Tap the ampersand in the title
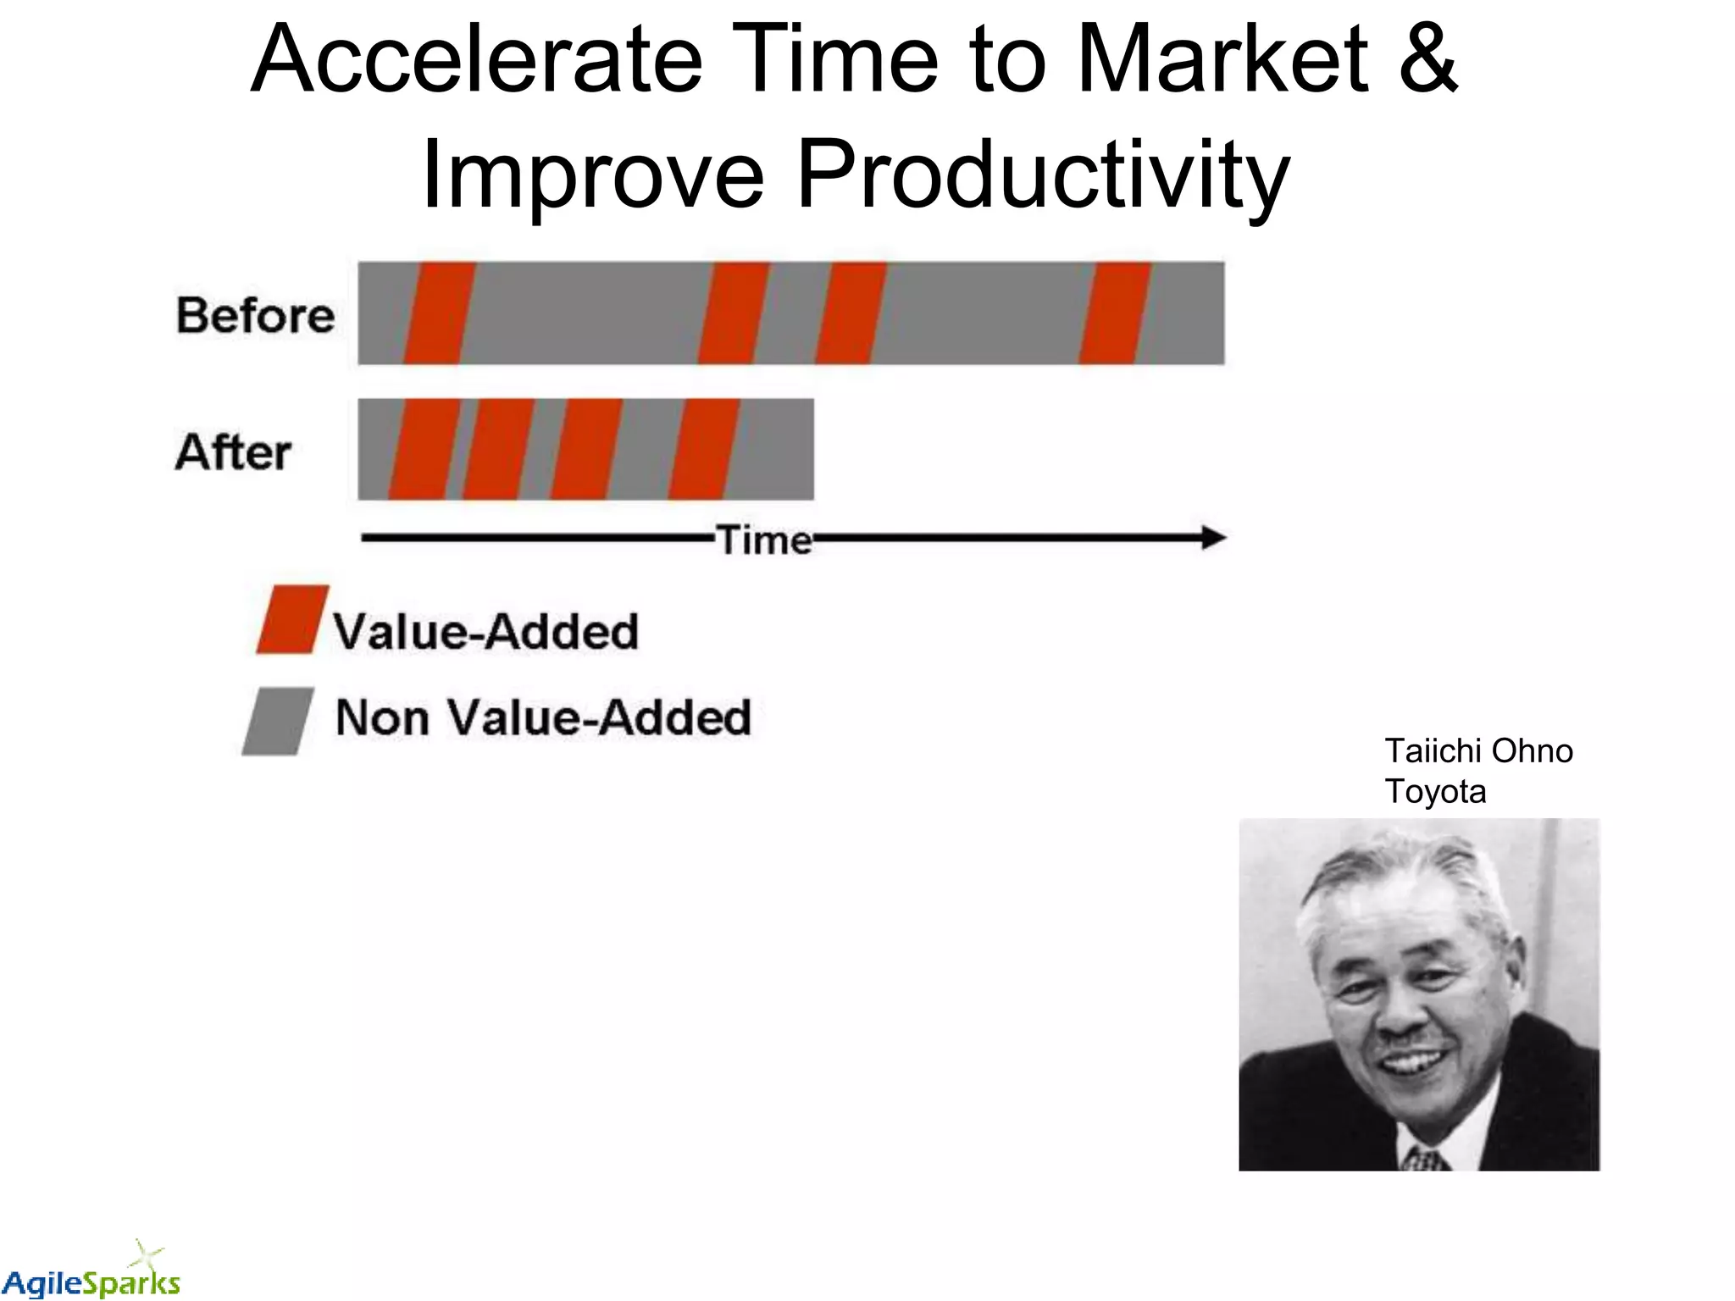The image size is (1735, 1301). tap(1427, 59)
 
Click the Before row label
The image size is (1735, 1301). tap(255, 315)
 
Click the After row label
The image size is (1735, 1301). tap(234, 451)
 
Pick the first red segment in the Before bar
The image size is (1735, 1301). tap(439, 313)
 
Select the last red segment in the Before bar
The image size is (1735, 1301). tap(1114, 313)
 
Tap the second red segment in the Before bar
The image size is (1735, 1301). tap(733, 313)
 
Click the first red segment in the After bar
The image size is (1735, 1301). tap(424, 449)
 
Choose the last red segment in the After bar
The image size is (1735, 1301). tap(703, 449)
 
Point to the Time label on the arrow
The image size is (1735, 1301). tap(764, 540)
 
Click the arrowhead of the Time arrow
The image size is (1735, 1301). tap(1213, 537)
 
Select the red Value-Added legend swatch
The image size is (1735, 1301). tap(292, 619)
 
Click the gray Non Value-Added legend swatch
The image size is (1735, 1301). tap(278, 721)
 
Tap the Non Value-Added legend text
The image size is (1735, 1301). tap(543, 717)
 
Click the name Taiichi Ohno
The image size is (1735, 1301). tap(1478, 750)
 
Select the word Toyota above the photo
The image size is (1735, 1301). tap(1435, 791)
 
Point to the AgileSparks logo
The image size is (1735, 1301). tap(91, 1275)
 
